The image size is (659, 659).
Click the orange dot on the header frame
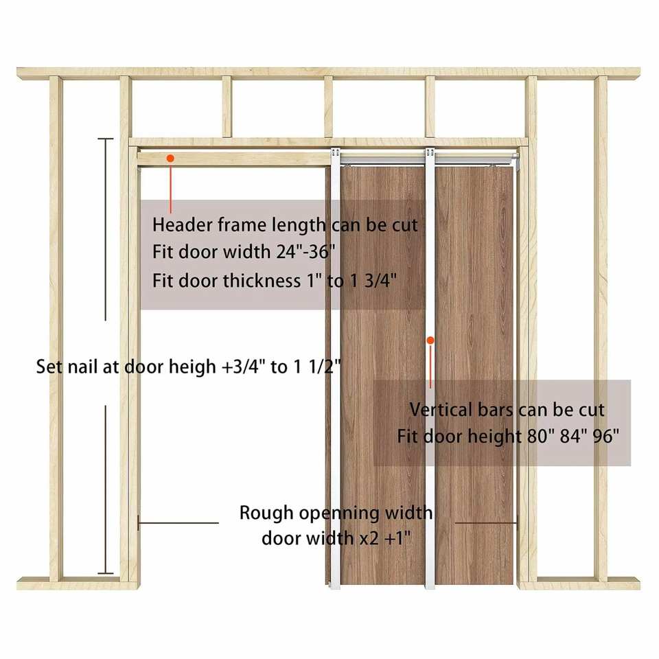point(170,159)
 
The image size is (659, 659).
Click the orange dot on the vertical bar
point(430,339)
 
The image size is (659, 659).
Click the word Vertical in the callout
point(438,410)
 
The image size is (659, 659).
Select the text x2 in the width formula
point(367,537)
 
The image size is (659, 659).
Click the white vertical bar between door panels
point(429,481)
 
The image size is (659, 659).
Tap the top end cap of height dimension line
point(105,139)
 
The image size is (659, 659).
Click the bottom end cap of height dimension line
point(105,573)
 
